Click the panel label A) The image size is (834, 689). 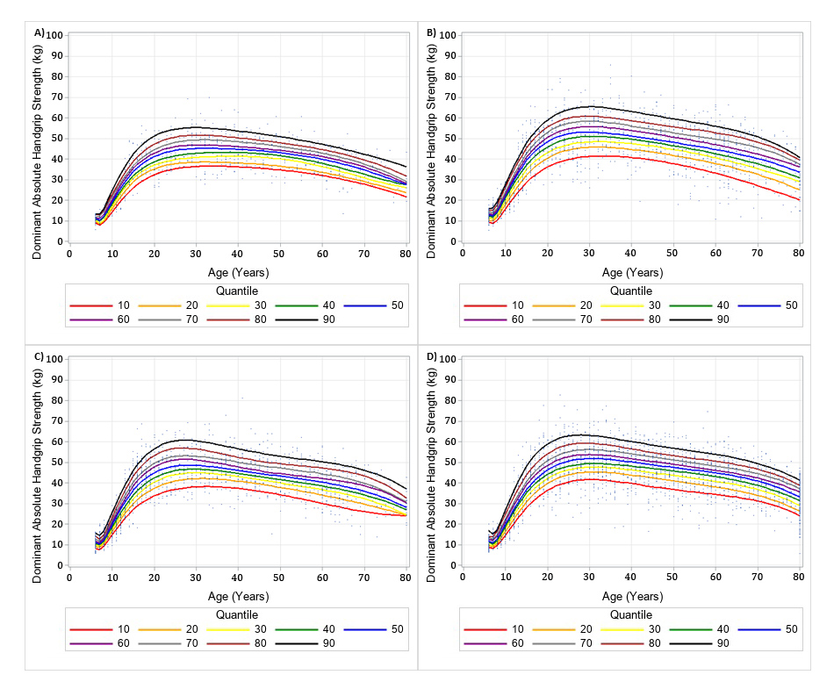click(39, 32)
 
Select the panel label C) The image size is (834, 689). click(39, 356)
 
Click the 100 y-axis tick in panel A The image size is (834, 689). click(55, 35)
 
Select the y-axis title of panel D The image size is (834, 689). click(432, 461)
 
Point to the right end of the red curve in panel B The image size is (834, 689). click(799, 200)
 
